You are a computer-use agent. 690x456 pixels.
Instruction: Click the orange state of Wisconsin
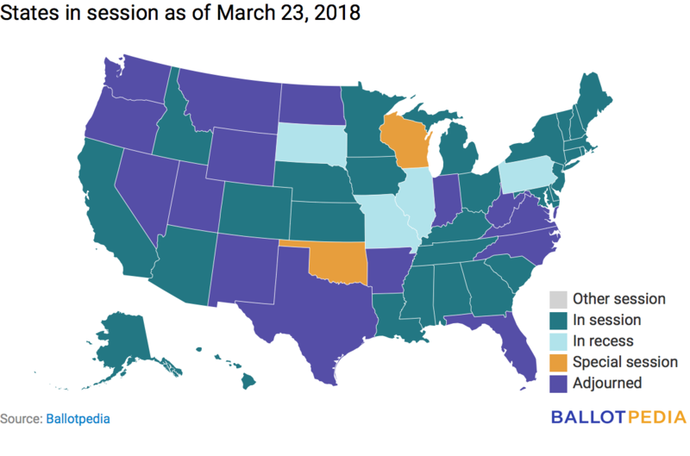click(x=403, y=141)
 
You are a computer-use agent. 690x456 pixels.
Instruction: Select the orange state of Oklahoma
click(x=341, y=260)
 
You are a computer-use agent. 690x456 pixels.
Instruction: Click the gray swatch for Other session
click(x=556, y=299)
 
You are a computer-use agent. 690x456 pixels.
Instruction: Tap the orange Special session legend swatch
click(x=556, y=362)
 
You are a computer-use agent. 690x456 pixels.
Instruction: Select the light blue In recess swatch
click(x=556, y=341)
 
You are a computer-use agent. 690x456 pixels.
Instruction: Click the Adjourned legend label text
click(x=607, y=383)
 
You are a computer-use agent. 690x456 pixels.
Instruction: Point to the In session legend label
click(x=607, y=320)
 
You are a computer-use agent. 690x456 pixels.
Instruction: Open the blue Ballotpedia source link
click(x=78, y=419)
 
